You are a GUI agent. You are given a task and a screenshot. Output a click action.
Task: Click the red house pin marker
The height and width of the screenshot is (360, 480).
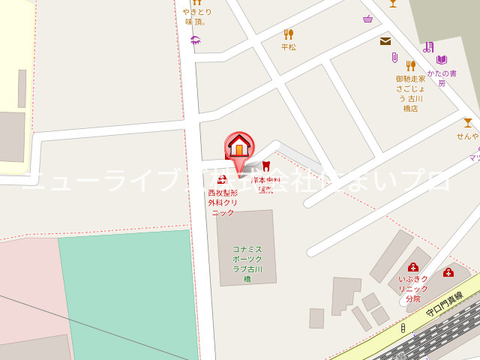coord(239,145)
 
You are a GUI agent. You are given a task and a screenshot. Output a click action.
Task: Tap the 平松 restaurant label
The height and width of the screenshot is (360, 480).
coord(289,46)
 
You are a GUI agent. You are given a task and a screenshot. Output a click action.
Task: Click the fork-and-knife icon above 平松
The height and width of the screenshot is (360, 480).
coord(289,34)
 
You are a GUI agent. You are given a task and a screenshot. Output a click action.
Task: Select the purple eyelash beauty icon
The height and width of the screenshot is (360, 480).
coord(196,40)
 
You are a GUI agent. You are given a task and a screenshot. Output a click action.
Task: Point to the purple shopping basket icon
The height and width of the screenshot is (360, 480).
coord(367,19)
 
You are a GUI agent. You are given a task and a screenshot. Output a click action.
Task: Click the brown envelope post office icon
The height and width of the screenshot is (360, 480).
coord(385,41)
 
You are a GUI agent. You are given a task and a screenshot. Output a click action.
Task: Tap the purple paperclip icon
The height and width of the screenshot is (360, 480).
coord(394,58)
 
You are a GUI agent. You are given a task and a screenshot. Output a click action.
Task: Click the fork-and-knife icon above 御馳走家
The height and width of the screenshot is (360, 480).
coord(410,66)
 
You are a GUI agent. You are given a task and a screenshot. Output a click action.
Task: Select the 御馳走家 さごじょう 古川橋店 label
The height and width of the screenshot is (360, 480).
coord(410,93)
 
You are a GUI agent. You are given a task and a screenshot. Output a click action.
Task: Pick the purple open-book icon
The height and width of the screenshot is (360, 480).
coord(442,60)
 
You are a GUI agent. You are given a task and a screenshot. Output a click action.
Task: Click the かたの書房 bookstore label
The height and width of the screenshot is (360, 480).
coord(442,78)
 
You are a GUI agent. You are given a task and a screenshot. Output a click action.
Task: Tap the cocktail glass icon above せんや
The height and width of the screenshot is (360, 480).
coord(468,122)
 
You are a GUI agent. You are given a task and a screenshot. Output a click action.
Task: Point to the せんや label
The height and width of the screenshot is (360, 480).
coord(467,136)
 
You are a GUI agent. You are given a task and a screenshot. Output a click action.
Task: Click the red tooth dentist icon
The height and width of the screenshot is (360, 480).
coord(265,166)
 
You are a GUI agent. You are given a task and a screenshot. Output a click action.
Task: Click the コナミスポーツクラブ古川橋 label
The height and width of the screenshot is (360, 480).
coord(247,263)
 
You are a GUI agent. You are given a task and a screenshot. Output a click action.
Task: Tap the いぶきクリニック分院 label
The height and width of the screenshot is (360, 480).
coord(413,288)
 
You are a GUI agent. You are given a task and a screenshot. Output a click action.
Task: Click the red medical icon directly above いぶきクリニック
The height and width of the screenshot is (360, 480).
coord(412,267)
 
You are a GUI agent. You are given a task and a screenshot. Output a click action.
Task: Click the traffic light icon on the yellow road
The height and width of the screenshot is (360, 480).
coord(403,328)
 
